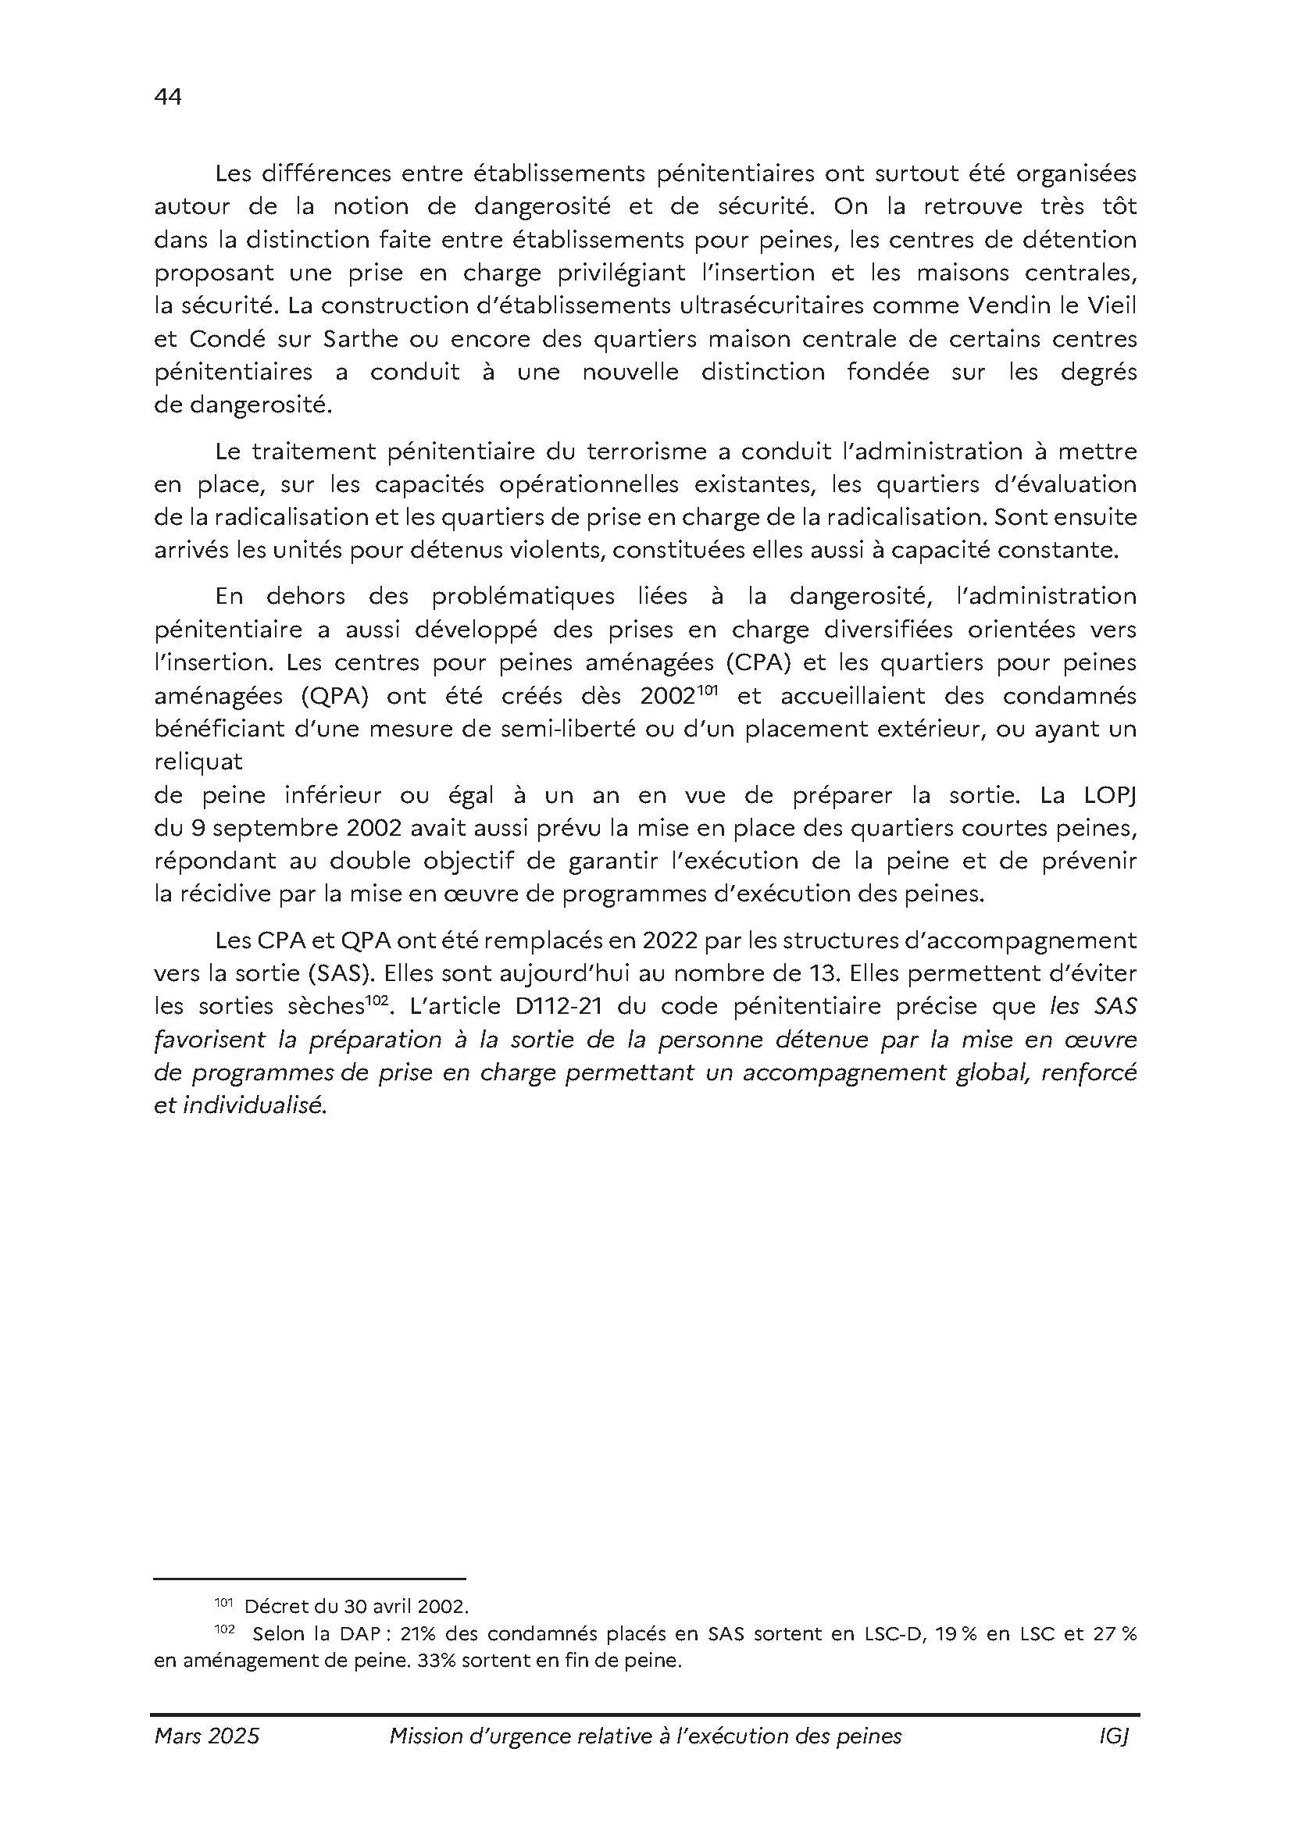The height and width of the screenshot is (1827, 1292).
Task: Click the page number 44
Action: point(168,97)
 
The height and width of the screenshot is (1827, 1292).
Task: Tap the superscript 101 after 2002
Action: point(708,690)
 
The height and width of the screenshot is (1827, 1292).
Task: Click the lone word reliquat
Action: point(198,762)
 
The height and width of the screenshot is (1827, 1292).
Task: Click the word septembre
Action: point(268,828)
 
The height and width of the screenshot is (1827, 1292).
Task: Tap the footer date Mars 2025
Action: point(207,1736)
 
